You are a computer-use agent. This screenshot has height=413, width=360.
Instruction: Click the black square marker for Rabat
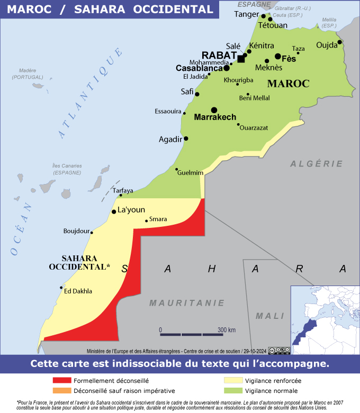(241, 59)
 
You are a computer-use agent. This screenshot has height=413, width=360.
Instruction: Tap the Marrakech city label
(215, 117)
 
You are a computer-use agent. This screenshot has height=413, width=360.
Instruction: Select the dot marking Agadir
(186, 139)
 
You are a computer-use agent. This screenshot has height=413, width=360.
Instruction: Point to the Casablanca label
(199, 68)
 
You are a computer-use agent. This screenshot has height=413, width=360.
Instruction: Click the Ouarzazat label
(254, 127)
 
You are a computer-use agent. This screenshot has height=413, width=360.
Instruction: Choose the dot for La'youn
(114, 212)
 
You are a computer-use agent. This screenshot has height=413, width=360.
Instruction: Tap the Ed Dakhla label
(78, 291)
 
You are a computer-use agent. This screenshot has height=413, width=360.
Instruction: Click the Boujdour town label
(76, 231)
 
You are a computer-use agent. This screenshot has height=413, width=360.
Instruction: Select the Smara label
(158, 219)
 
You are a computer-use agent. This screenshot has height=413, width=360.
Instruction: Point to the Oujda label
(326, 45)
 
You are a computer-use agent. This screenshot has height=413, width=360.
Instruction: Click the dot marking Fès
(277, 56)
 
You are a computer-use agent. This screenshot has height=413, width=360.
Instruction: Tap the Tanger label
(246, 14)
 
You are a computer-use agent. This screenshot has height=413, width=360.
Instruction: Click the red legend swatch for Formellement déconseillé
(61, 380)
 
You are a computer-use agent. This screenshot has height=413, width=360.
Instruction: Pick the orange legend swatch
(61, 391)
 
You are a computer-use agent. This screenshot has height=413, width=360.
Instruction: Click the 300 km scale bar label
(226, 330)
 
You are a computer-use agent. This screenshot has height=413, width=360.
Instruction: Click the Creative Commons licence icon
(279, 350)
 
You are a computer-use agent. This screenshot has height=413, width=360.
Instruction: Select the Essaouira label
(168, 111)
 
